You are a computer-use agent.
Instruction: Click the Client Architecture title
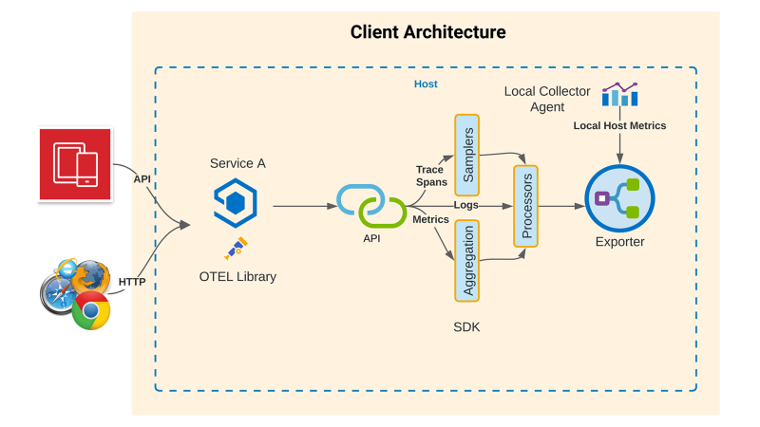click(427, 32)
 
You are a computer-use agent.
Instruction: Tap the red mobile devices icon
click(75, 164)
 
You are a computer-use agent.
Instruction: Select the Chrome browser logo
click(91, 309)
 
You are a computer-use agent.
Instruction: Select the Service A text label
click(237, 163)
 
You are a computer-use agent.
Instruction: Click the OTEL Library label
click(237, 277)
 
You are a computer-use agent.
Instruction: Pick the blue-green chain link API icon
click(371, 204)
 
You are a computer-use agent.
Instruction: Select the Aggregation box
click(466, 259)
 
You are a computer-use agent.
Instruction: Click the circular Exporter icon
click(621, 198)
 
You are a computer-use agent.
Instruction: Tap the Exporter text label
click(621, 242)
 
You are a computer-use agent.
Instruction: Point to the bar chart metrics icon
click(619, 94)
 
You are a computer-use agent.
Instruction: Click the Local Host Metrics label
click(619, 125)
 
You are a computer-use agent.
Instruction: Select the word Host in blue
click(426, 84)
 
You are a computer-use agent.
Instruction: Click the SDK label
click(466, 325)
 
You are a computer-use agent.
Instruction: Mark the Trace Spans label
click(430, 176)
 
